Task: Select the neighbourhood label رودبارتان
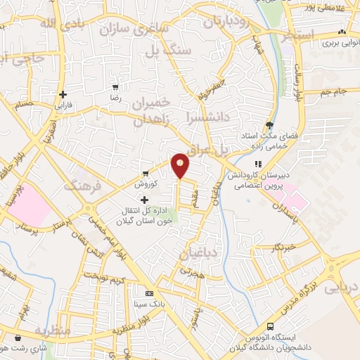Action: tap(226, 20)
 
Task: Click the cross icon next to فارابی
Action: tap(63, 94)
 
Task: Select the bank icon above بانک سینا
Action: tap(148, 293)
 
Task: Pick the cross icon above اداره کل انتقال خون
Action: tap(145, 200)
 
